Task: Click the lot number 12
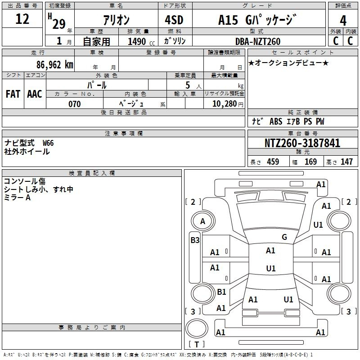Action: (22, 19)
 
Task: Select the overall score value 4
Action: (343, 21)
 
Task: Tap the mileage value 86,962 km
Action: (55, 65)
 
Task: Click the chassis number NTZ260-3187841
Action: (302, 143)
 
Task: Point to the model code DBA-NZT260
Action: (258, 41)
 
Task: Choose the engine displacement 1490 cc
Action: (141, 41)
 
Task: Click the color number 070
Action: (75, 104)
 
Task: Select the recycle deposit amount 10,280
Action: (225, 104)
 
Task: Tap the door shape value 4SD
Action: (174, 20)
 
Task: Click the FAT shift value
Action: (13, 94)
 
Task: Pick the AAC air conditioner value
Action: (35, 94)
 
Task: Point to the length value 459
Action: (273, 162)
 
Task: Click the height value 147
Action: (346, 162)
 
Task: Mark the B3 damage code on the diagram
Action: (195, 240)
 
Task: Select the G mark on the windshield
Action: (284, 237)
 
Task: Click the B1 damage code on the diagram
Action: (221, 292)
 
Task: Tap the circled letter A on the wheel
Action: (203, 221)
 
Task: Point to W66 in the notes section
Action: (48, 143)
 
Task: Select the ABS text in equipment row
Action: (276, 121)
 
